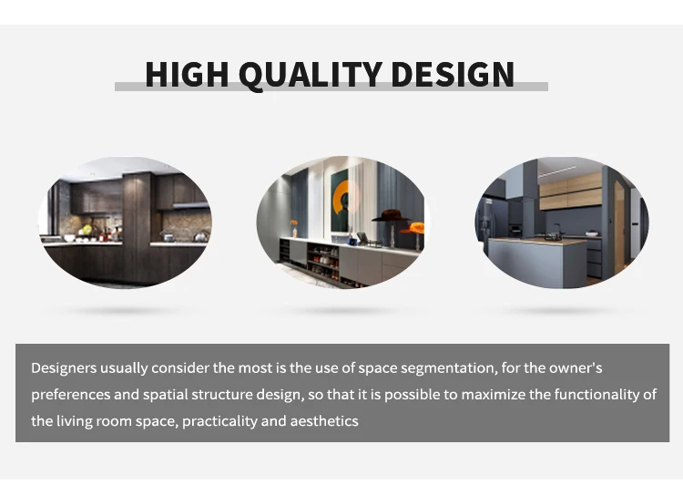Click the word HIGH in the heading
point(187,74)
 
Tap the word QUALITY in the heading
point(311,75)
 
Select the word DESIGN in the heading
point(453,74)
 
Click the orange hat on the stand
point(413,228)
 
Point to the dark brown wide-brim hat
point(392,215)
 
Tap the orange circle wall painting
point(344,200)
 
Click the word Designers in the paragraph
point(64,368)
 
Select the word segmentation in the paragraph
point(448,368)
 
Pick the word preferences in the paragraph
point(70,395)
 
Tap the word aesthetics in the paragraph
point(324,421)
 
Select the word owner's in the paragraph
point(576,368)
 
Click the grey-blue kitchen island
point(537,261)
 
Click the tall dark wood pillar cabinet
point(137,227)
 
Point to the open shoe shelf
point(322,261)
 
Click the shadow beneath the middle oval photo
point(341,311)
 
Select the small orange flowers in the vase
point(294,222)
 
